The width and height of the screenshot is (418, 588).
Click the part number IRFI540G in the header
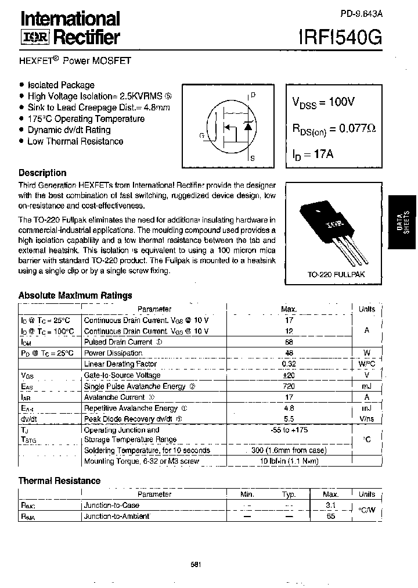(340, 38)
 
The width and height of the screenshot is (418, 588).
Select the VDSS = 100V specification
(323, 102)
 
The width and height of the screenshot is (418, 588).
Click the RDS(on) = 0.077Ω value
(333, 129)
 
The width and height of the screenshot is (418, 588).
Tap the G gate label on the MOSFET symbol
(201, 135)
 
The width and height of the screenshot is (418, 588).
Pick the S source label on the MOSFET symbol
(253, 157)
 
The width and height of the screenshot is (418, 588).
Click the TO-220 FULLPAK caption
(336, 274)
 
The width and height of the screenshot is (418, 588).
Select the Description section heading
(42, 173)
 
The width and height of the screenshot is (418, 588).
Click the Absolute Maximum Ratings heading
(75, 295)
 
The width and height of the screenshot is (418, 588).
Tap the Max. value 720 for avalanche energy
(289, 386)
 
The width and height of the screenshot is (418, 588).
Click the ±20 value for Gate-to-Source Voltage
(289, 375)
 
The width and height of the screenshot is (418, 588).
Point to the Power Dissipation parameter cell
(113, 353)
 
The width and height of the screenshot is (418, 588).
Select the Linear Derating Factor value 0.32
(289, 364)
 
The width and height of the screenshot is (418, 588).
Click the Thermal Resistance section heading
(59, 481)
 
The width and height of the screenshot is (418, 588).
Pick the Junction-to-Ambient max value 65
(331, 516)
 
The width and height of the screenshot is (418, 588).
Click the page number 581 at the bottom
(196, 564)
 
